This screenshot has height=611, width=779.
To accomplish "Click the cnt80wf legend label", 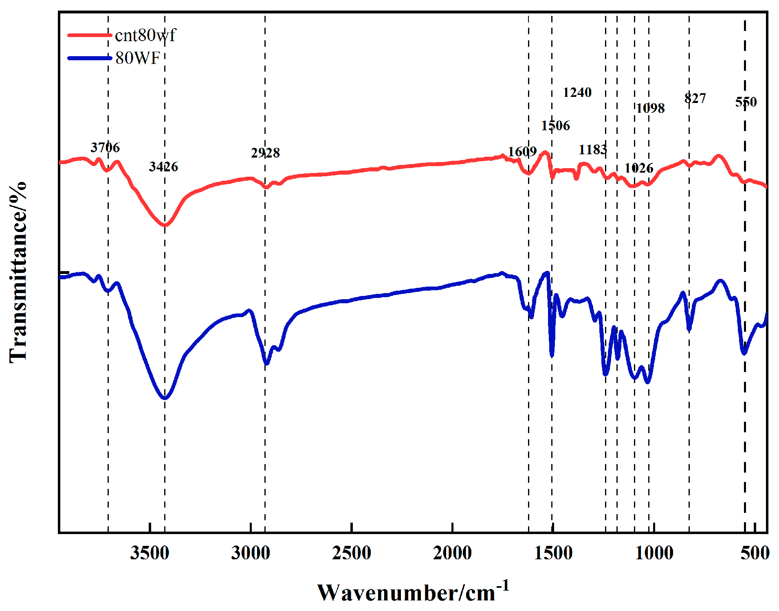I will click(x=145, y=35).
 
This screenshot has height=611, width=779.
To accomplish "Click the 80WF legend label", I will click(x=138, y=58).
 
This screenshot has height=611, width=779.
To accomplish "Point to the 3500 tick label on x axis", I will click(x=150, y=553).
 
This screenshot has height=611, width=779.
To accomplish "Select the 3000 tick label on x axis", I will click(x=251, y=553).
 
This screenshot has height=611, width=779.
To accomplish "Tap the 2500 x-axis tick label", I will click(x=351, y=553).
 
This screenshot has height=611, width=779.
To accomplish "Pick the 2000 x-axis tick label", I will click(x=452, y=553).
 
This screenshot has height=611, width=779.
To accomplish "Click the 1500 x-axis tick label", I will click(x=553, y=553).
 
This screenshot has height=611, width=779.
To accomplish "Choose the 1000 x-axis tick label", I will click(x=654, y=553).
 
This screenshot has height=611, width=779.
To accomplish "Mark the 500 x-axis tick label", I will click(x=755, y=553).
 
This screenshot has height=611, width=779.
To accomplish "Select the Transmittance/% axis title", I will click(x=18, y=272).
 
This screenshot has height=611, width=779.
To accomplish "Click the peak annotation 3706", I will click(x=105, y=147).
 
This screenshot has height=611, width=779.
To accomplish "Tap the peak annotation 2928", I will click(x=265, y=153).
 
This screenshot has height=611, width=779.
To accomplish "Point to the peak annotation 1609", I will click(x=522, y=152).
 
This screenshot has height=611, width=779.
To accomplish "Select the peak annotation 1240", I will click(x=577, y=92).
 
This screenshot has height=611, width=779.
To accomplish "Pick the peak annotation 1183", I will click(x=593, y=150).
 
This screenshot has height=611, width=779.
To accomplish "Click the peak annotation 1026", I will click(x=639, y=168).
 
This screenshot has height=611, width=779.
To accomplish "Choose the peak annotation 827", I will click(x=695, y=98).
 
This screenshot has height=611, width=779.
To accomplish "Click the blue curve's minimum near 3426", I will click(x=165, y=398).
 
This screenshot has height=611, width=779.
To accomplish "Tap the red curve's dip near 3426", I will click(x=165, y=225).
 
